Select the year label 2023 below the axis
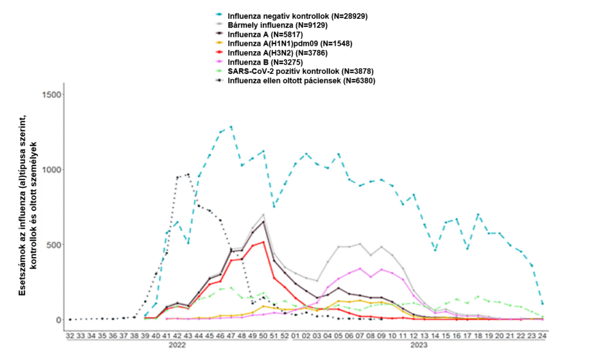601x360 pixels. (x=418, y=346)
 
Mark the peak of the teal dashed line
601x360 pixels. (x=231, y=127)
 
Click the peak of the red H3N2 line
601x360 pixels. (x=264, y=242)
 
